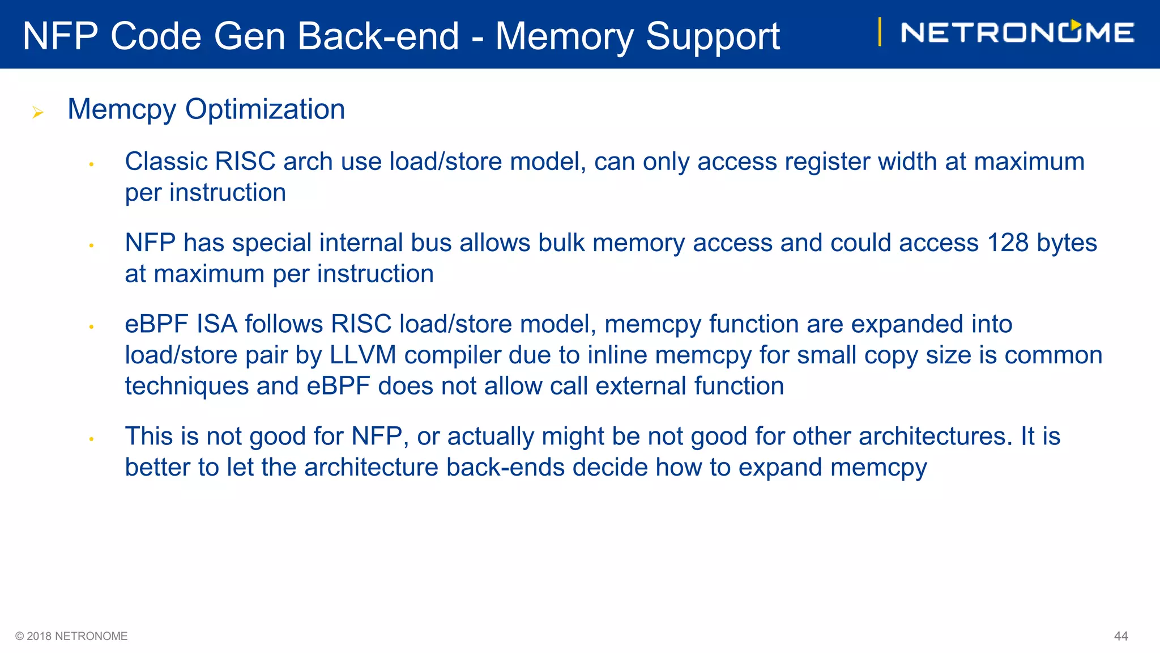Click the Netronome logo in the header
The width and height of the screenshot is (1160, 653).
[x=1017, y=32]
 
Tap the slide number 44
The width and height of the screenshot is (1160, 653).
[x=1120, y=636]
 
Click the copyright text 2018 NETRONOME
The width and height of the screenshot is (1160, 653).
[x=71, y=636]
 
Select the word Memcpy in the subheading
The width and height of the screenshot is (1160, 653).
[x=121, y=109]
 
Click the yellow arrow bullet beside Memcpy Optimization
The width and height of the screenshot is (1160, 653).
[x=38, y=112]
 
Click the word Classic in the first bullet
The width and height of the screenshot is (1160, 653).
[x=166, y=162]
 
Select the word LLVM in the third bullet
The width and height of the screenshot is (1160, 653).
[x=362, y=355]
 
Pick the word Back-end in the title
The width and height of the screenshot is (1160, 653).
[x=378, y=36]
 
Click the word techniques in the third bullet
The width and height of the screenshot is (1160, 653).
[x=187, y=386]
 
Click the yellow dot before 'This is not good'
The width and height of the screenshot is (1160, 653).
[x=91, y=439]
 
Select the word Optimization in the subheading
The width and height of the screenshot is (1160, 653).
[x=265, y=109]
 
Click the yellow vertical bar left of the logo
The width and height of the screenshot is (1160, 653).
[x=879, y=32]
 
